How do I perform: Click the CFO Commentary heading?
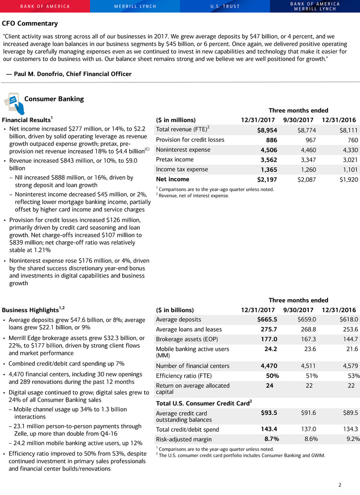click(x=30, y=23)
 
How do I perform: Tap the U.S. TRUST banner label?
click(x=225, y=6)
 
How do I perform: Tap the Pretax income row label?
click(x=175, y=159)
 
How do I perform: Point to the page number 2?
click(x=340, y=485)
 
